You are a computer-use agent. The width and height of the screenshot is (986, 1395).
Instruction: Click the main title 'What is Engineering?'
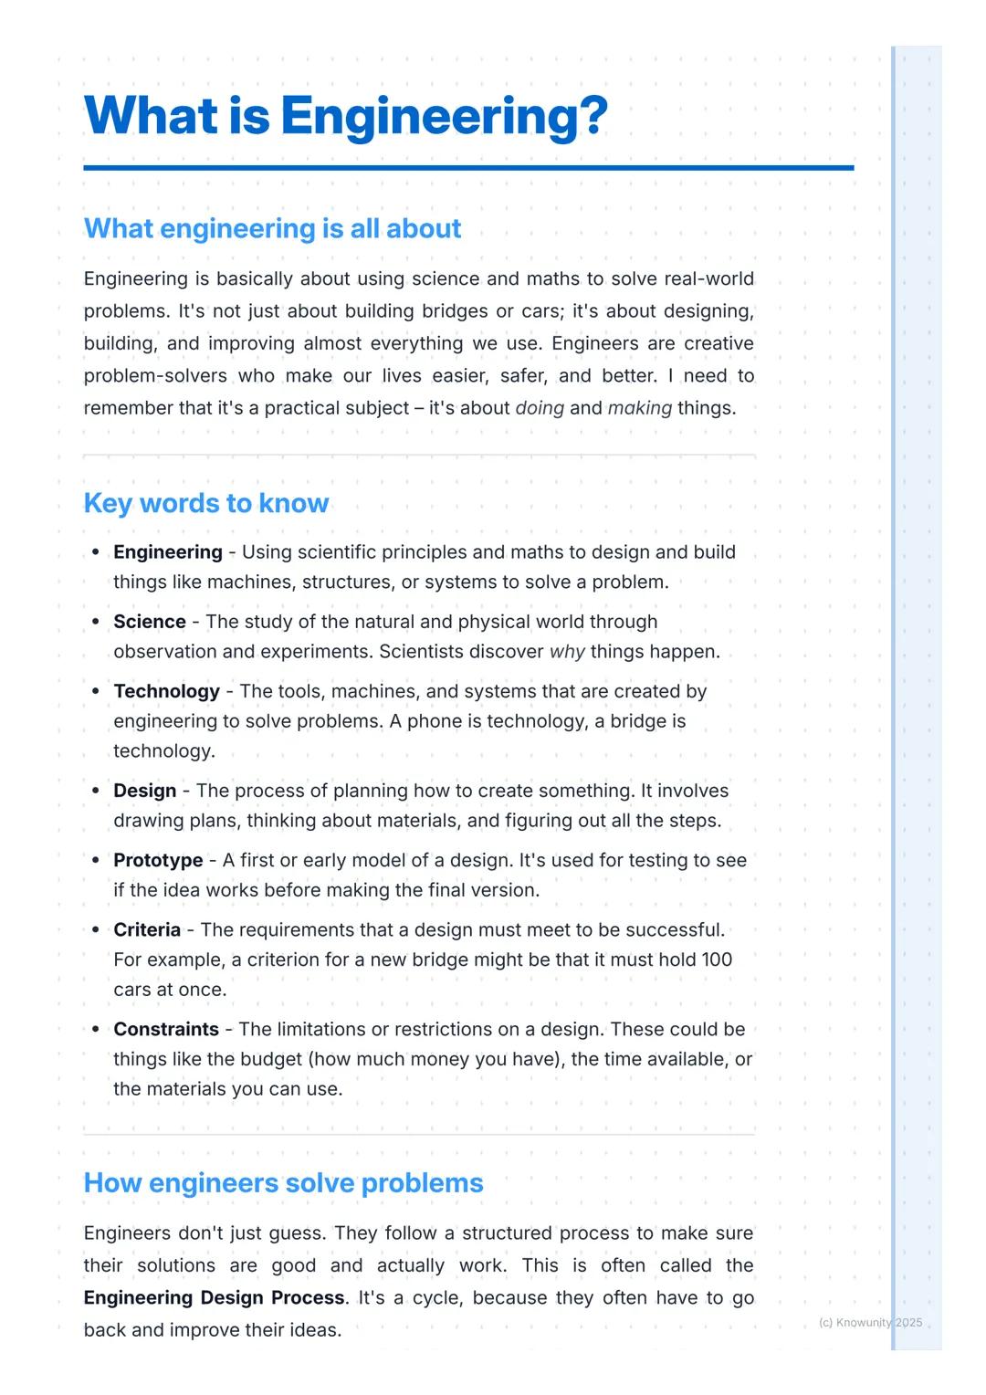coord(345,116)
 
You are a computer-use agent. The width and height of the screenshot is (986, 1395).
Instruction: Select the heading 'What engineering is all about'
coord(272,228)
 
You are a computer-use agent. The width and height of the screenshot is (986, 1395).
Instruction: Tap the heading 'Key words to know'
coord(205,503)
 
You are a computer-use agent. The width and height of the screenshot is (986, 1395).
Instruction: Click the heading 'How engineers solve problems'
coord(283,1183)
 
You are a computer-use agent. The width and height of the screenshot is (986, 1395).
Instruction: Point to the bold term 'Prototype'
coord(158,860)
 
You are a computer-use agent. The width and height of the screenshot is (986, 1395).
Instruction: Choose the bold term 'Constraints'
coord(166,1029)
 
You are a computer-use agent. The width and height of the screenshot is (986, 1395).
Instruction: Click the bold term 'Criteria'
coord(147,929)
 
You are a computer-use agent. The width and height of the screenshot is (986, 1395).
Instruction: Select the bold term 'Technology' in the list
coord(166,691)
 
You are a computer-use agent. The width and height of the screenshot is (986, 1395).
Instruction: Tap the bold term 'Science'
coord(150,622)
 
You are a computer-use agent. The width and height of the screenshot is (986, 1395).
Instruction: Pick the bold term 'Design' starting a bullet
coord(144,791)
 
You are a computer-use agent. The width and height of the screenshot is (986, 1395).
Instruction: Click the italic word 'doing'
coord(540,408)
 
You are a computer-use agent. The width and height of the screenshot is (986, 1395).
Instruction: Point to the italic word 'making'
coord(639,408)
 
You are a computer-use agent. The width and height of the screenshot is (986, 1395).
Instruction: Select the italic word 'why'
coord(566,652)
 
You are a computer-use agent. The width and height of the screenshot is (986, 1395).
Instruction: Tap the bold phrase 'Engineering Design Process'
coord(215,1298)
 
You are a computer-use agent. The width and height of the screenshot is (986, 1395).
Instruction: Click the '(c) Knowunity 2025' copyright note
coord(870,1323)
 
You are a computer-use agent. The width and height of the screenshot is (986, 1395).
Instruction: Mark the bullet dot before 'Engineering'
coord(96,552)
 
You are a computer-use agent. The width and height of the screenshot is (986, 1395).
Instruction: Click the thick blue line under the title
coord(468,168)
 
